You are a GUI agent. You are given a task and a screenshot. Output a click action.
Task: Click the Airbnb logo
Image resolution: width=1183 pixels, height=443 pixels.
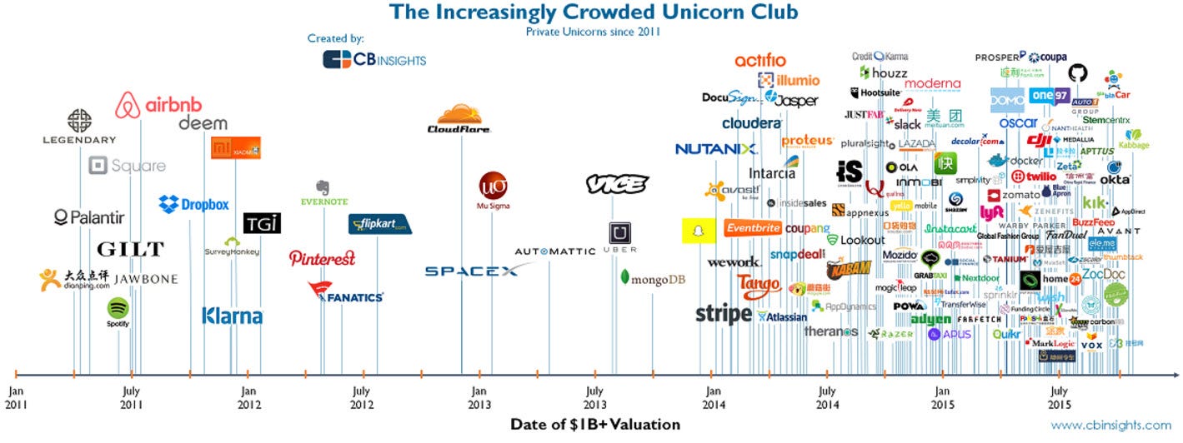pos(159,105)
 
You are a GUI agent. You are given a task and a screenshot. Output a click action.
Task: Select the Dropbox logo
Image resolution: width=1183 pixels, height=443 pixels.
pos(193,204)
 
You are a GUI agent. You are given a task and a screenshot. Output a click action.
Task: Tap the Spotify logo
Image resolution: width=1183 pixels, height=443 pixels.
pos(118,311)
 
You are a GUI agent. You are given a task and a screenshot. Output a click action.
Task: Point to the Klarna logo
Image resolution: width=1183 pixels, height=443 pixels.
pos(232,316)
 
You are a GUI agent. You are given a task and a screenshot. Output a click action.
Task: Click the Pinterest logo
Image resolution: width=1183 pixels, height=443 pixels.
pos(322,258)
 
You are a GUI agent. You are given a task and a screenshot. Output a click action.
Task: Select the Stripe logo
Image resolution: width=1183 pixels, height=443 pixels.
pos(724,314)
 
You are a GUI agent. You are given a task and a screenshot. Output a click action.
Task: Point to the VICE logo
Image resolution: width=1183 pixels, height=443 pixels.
pos(616,184)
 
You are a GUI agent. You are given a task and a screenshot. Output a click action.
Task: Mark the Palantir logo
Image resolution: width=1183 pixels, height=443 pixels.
pos(89,218)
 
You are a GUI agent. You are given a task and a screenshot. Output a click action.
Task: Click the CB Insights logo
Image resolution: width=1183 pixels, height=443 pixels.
pos(374,59)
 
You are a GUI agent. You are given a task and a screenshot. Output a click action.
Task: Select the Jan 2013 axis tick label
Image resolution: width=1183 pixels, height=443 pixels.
pos(479,397)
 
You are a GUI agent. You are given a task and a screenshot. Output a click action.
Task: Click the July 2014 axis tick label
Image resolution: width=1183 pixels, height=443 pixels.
pos(827,397)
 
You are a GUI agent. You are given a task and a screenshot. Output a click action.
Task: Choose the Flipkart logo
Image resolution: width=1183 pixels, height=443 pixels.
pos(379,224)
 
